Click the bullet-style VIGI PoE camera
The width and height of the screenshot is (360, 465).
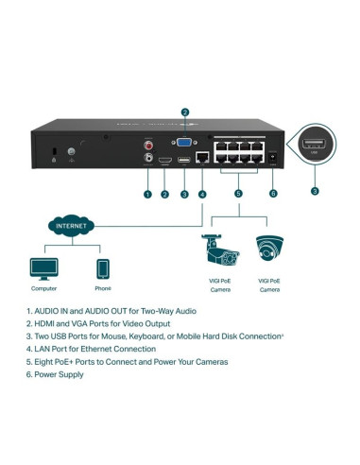click(218, 250)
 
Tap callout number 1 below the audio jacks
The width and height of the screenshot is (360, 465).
click(147, 194)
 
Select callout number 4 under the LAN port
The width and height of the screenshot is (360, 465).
click(201, 194)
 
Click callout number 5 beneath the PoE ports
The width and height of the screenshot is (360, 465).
click(237, 194)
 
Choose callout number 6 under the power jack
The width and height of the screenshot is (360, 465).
click(274, 194)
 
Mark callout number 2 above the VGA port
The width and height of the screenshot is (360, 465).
click(185, 112)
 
